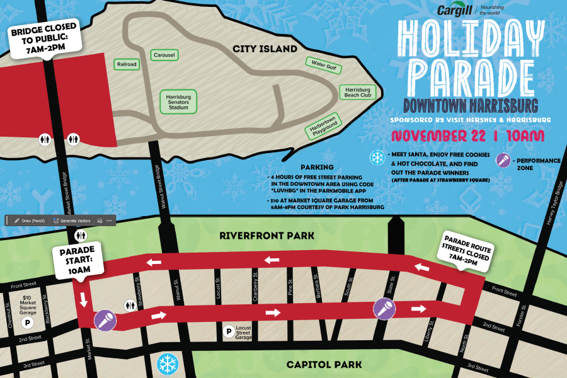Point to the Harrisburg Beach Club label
(357, 92)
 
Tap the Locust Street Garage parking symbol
(229, 330)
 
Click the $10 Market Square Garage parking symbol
(27, 323)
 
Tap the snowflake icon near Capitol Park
(167, 363)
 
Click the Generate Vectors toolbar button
(74, 220)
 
